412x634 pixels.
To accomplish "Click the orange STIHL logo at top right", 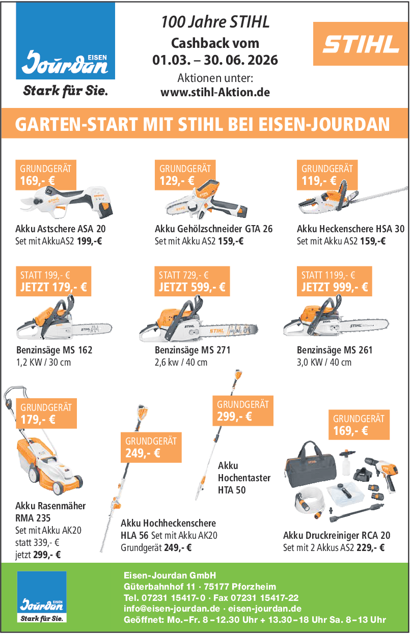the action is click(x=361, y=44).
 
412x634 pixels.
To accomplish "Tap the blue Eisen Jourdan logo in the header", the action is click(x=65, y=41).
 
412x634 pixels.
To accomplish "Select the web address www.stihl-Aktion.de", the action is click(x=215, y=92).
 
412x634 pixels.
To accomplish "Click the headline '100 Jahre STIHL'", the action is click(x=215, y=22).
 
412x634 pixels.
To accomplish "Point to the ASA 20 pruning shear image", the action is click(x=67, y=202).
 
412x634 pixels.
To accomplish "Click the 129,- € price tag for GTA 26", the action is click(x=185, y=175).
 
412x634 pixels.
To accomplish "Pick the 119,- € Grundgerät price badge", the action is click(x=327, y=175).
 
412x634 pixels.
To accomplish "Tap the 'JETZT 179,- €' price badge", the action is click(x=53, y=281).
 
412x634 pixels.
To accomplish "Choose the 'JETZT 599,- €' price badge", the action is click(x=192, y=281).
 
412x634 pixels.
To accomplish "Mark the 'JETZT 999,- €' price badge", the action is click(x=335, y=281).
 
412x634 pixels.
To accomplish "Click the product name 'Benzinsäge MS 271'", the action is click(x=193, y=350).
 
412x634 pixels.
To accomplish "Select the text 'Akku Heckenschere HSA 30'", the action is click(x=350, y=229).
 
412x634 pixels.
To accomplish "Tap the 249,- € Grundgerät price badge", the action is click(x=151, y=448).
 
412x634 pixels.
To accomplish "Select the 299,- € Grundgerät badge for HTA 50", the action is click(x=243, y=410).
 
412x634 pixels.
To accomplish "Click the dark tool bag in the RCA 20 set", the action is click(x=311, y=464).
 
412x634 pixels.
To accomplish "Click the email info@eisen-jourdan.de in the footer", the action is click(x=172, y=608).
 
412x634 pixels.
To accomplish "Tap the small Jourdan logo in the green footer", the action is click(x=42, y=597).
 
